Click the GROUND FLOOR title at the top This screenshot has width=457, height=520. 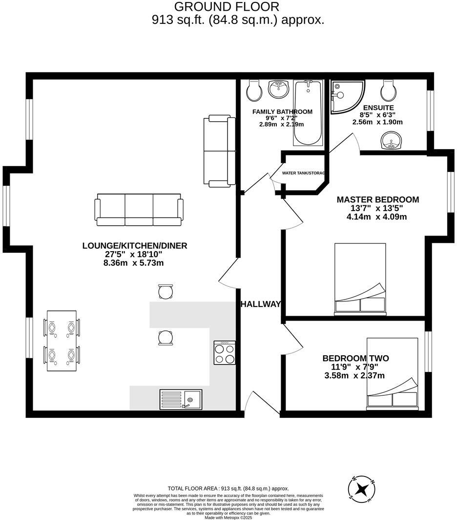pyautogui.click(x=227, y=7)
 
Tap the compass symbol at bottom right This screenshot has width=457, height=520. pyautogui.click(x=362, y=488)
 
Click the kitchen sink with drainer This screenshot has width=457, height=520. pyautogui.click(x=180, y=399)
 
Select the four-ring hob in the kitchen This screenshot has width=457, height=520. pyautogui.click(x=225, y=353)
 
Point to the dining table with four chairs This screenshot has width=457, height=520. pyautogui.click(x=62, y=341)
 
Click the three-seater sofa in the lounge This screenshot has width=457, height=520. pyautogui.click(x=140, y=209)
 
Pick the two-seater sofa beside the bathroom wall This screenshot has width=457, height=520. pyautogui.click(x=215, y=151)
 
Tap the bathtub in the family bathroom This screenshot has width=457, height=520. pyautogui.click(x=308, y=113)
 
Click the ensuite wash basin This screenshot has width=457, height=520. pyautogui.click(x=391, y=142)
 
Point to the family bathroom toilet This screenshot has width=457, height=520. pyautogui.click(x=254, y=89)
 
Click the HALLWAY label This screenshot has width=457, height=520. pyautogui.click(x=261, y=304)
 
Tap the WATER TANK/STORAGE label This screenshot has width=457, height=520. pyautogui.click(x=303, y=173)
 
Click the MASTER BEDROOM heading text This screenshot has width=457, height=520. pyautogui.click(x=377, y=199)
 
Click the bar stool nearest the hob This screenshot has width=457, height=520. pyautogui.click(x=166, y=337)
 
